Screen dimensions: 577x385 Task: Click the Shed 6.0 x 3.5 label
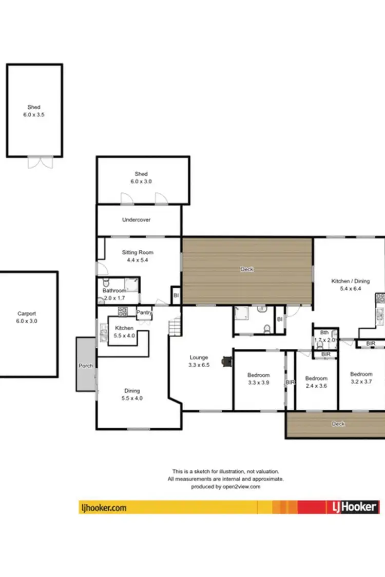34,111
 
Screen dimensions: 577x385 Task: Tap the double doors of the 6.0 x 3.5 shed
40,162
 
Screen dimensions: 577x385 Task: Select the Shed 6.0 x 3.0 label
141,177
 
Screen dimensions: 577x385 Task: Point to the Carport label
27,317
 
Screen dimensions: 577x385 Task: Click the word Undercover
136,220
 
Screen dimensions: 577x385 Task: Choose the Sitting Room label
137,256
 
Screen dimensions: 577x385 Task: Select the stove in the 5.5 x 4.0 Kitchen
123,311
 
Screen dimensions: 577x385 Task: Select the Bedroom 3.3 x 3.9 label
259,379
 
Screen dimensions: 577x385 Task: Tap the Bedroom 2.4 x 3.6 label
316,382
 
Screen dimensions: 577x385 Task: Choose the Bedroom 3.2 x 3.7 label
361,377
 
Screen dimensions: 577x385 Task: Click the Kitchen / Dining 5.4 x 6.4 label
350,285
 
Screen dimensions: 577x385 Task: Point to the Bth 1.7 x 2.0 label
324,336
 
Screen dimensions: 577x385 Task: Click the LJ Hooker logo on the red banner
353,507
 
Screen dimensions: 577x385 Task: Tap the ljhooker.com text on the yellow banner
104,508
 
